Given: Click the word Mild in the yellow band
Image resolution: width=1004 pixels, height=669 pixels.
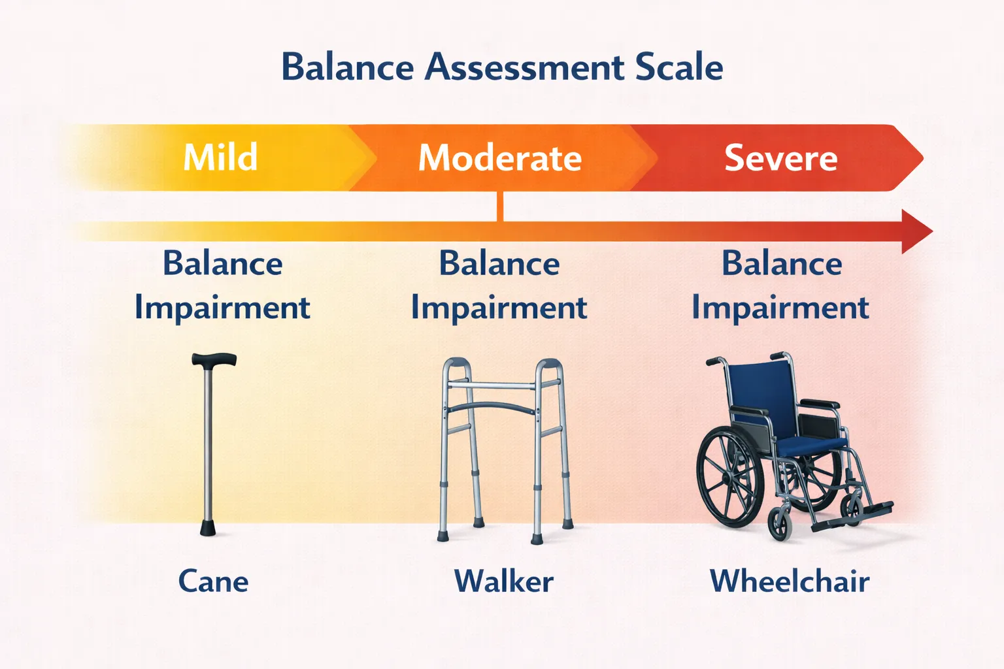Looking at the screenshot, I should point(220,157).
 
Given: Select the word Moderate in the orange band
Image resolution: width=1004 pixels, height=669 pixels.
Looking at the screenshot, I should point(500,158).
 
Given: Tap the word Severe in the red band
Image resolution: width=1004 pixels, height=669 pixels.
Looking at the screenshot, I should point(780,158).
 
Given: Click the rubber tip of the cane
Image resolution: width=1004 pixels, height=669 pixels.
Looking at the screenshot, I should point(208,528).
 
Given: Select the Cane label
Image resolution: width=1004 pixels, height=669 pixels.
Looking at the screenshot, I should point(213,581).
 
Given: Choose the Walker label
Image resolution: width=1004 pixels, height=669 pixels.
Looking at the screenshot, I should point(503,581).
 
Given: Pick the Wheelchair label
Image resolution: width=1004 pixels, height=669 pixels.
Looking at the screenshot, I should point(790,581).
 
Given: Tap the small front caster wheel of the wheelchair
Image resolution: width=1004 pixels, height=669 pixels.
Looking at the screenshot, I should point(780,523).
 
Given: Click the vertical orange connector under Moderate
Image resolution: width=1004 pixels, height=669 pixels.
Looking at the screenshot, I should point(500,206).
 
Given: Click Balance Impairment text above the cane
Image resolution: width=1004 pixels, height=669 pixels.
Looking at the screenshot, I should point(222,285).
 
